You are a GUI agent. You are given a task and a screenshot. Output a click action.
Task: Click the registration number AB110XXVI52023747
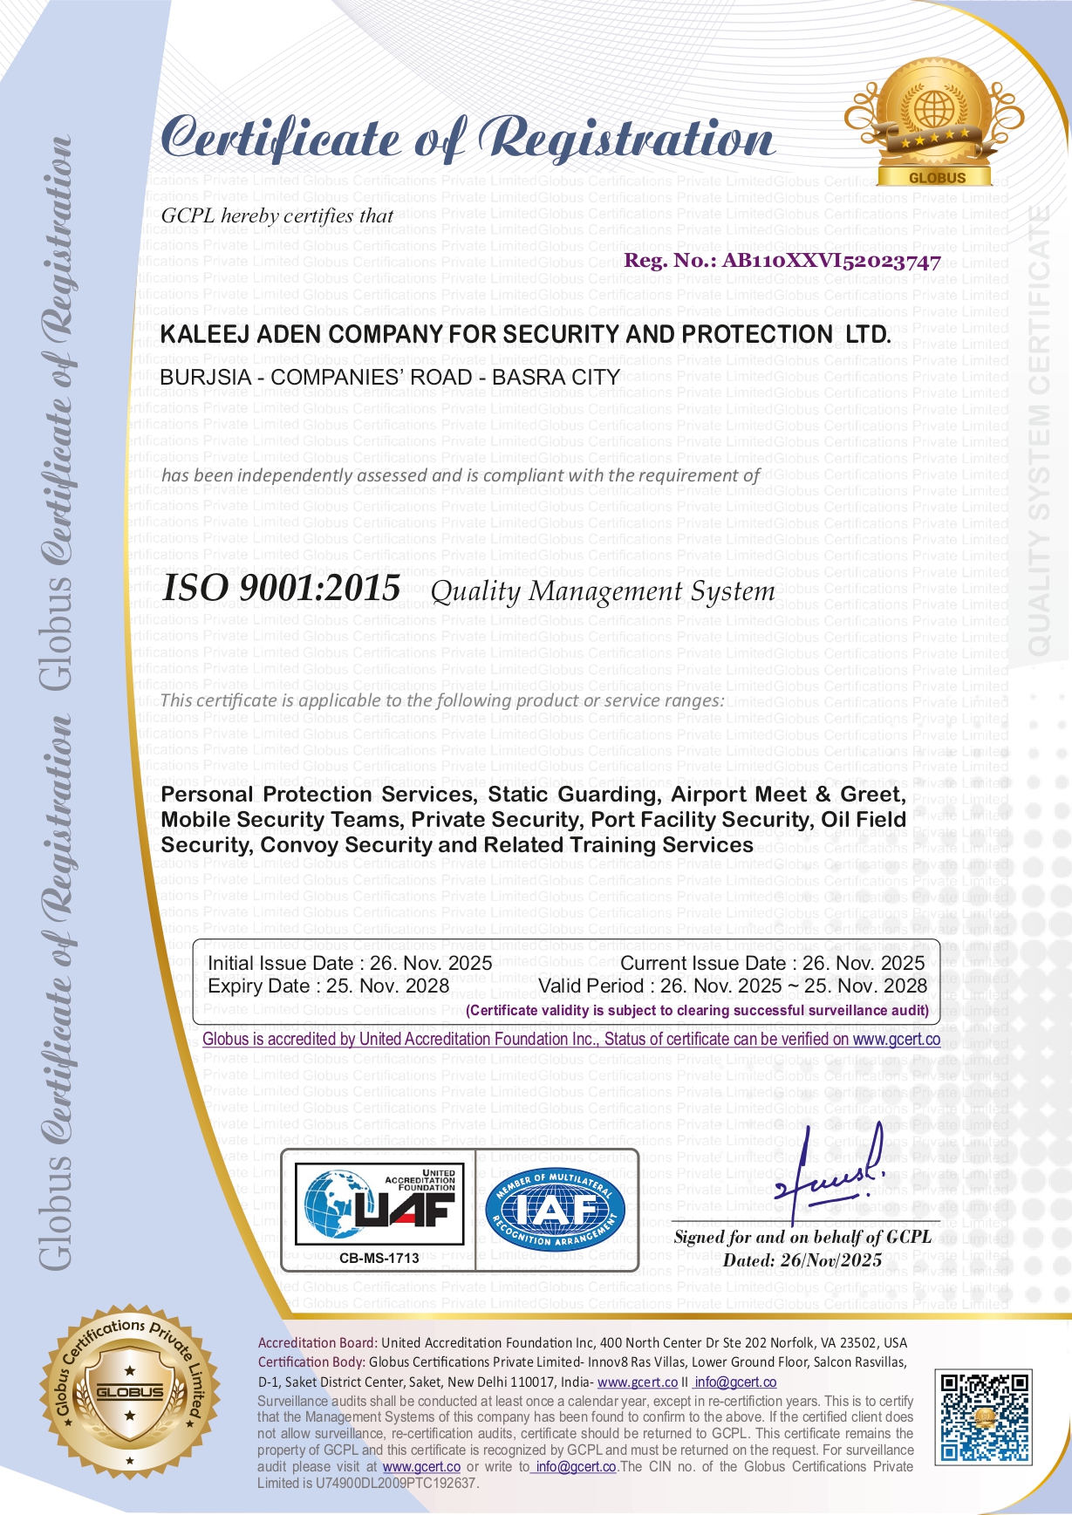[x=831, y=261]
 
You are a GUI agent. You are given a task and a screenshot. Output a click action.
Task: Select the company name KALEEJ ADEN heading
[x=525, y=335]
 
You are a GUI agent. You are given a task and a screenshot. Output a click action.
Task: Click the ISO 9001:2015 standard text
[x=282, y=589]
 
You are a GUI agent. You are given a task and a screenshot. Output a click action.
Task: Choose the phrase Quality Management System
[x=603, y=591]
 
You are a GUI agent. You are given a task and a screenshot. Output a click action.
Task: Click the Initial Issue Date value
[x=431, y=963]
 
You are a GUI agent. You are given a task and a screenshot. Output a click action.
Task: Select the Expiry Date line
[x=328, y=986]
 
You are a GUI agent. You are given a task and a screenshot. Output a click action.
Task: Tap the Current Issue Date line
[x=772, y=963]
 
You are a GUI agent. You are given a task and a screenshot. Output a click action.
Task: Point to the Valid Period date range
[x=793, y=986]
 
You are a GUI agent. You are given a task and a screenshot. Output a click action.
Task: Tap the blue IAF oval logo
[x=555, y=1208]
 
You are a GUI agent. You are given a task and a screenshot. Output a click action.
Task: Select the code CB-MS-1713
[x=379, y=1258]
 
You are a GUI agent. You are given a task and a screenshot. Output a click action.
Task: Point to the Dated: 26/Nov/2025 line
[x=802, y=1260]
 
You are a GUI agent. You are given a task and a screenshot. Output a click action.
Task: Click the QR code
[x=983, y=1416]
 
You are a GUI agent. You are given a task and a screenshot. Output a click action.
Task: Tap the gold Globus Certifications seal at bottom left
[x=129, y=1393]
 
